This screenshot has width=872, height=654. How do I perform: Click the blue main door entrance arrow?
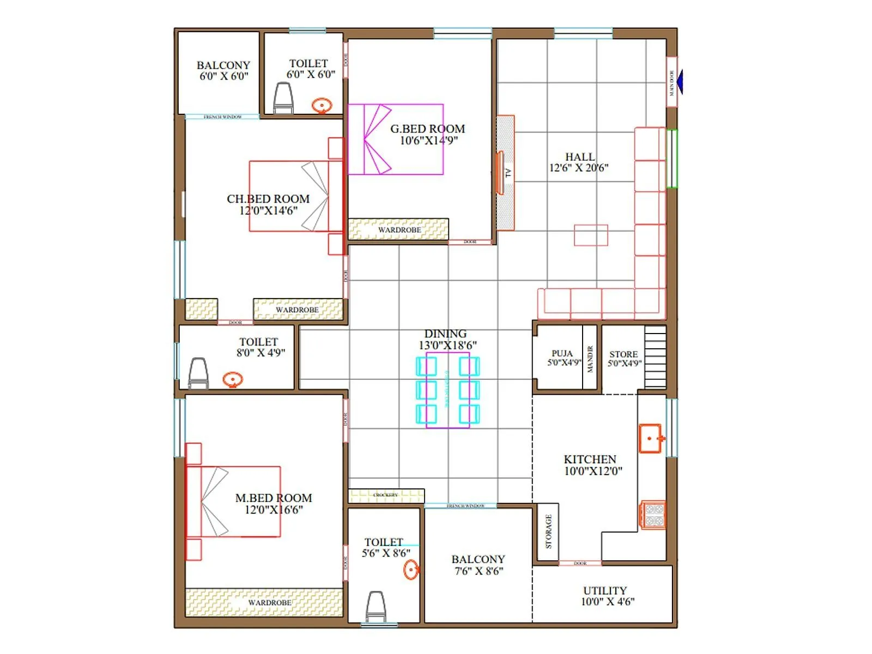679,82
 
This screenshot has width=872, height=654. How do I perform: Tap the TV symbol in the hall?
500,173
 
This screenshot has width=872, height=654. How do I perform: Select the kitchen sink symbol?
651,439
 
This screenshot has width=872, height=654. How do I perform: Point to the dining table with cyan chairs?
448,390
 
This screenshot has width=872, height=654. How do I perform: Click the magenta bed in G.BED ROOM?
395,140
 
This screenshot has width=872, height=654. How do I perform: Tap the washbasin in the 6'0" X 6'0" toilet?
322,105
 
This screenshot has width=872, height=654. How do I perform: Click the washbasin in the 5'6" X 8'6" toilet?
411,570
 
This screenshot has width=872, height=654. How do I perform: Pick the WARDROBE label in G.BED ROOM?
399,230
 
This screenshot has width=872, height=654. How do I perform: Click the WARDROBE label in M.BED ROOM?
269,603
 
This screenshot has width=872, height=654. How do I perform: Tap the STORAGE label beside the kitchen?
548,532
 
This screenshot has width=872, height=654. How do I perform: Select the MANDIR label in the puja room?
590,359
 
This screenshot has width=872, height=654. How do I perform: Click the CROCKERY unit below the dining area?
386,495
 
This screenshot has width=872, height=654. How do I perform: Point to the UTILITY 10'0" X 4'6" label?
606,596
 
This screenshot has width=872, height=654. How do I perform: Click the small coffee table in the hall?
591,235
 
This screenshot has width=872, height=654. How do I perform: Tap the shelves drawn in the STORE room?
655,357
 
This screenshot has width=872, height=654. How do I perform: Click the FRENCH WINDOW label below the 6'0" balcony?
222,117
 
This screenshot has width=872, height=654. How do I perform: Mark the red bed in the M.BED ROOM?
234,501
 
